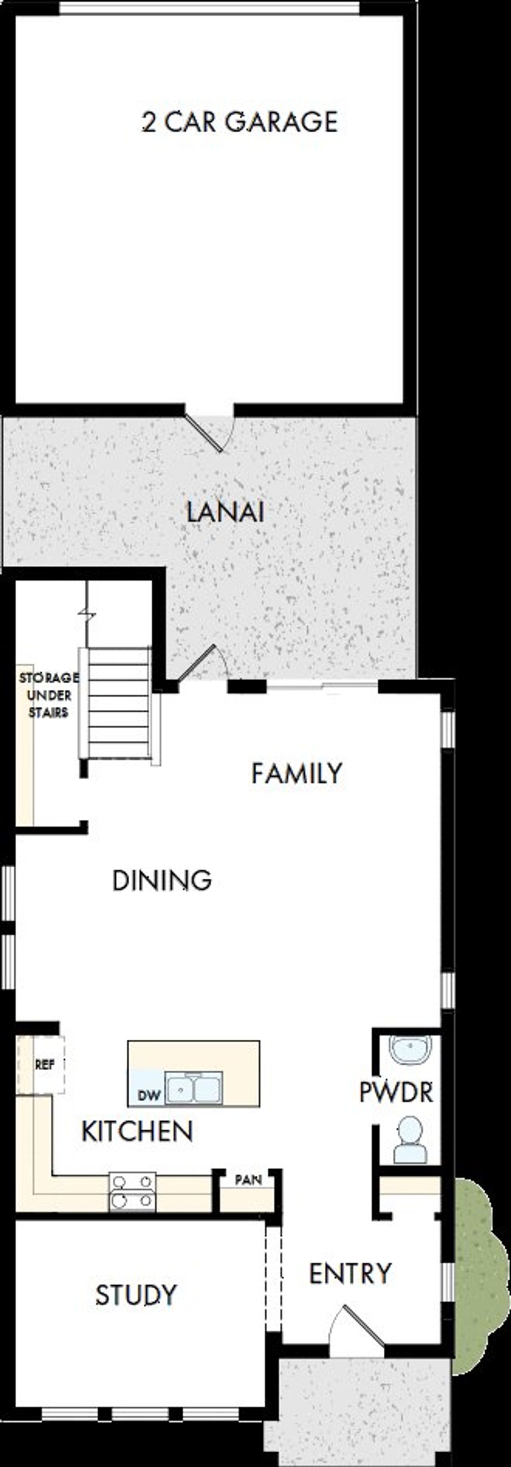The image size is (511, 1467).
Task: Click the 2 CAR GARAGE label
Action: (239, 122)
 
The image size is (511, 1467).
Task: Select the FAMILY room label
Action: (296, 773)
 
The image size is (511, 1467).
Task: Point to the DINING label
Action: (162, 881)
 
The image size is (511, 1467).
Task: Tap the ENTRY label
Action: (350, 1274)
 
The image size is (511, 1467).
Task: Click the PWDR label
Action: (396, 1092)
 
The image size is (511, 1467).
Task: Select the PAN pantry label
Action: (248, 1179)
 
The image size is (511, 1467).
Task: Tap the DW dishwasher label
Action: (149, 1094)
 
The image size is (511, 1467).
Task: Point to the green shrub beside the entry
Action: (481, 1270)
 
